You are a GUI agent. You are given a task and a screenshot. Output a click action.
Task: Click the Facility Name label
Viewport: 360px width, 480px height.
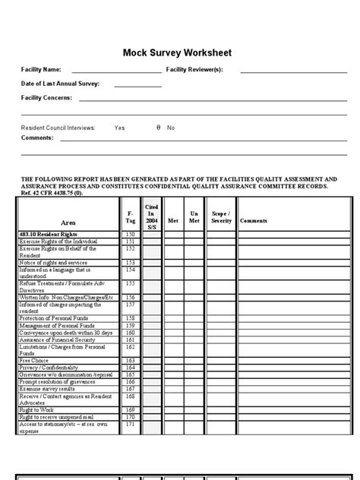pos(40,70)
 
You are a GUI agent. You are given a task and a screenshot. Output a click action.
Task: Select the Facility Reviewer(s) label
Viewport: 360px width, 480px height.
pos(194,70)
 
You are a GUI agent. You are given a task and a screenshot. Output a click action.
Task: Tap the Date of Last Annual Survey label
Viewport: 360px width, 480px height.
pos(59,84)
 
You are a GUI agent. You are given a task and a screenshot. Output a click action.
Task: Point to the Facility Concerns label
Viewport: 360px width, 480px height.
pos(46,98)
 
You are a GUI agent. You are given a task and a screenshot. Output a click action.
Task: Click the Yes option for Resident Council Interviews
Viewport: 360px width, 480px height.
pos(119,128)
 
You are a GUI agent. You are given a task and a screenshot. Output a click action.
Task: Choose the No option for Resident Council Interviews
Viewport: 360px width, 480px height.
pos(171,128)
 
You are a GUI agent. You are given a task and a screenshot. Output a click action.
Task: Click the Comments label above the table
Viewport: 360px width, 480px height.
pos(37,137)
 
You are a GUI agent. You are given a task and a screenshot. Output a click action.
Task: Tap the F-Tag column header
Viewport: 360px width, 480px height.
pos(129,216)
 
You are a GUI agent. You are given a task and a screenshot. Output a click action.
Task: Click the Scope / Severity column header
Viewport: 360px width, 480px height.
pos(221,216)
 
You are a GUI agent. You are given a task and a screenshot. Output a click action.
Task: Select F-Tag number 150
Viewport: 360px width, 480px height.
pos(129,235)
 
